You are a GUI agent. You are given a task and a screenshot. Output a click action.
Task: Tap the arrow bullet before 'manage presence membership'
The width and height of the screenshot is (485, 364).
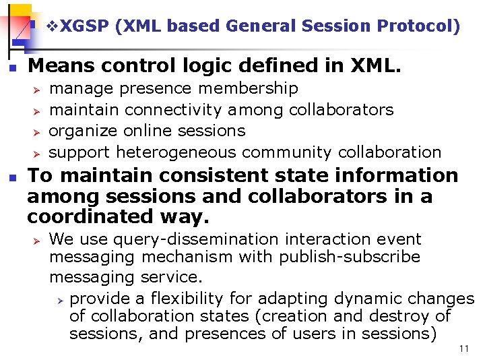point(38,89)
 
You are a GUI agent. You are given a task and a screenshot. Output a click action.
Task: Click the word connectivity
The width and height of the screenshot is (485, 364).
point(174,109)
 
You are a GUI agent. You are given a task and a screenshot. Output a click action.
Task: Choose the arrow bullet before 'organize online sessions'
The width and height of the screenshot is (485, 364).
point(38,131)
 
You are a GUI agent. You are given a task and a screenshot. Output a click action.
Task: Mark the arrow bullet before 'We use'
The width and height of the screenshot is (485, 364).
point(38,240)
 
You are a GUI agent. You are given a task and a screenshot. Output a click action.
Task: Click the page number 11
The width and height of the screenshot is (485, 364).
point(463,348)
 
